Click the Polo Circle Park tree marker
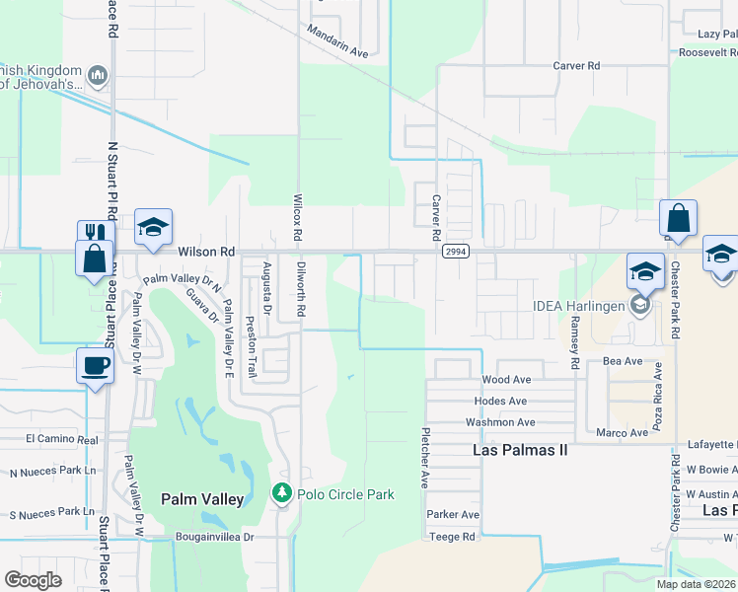point(282,493)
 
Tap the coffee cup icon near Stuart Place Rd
point(95,366)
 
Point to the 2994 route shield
point(454,252)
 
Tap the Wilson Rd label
point(206,252)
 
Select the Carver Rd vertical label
point(435,218)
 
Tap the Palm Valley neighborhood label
point(202,499)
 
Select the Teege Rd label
point(452,537)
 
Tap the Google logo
point(33,580)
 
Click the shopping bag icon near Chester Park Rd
point(678,218)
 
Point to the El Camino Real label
point(62,438)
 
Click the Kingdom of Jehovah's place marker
point(98,75)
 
